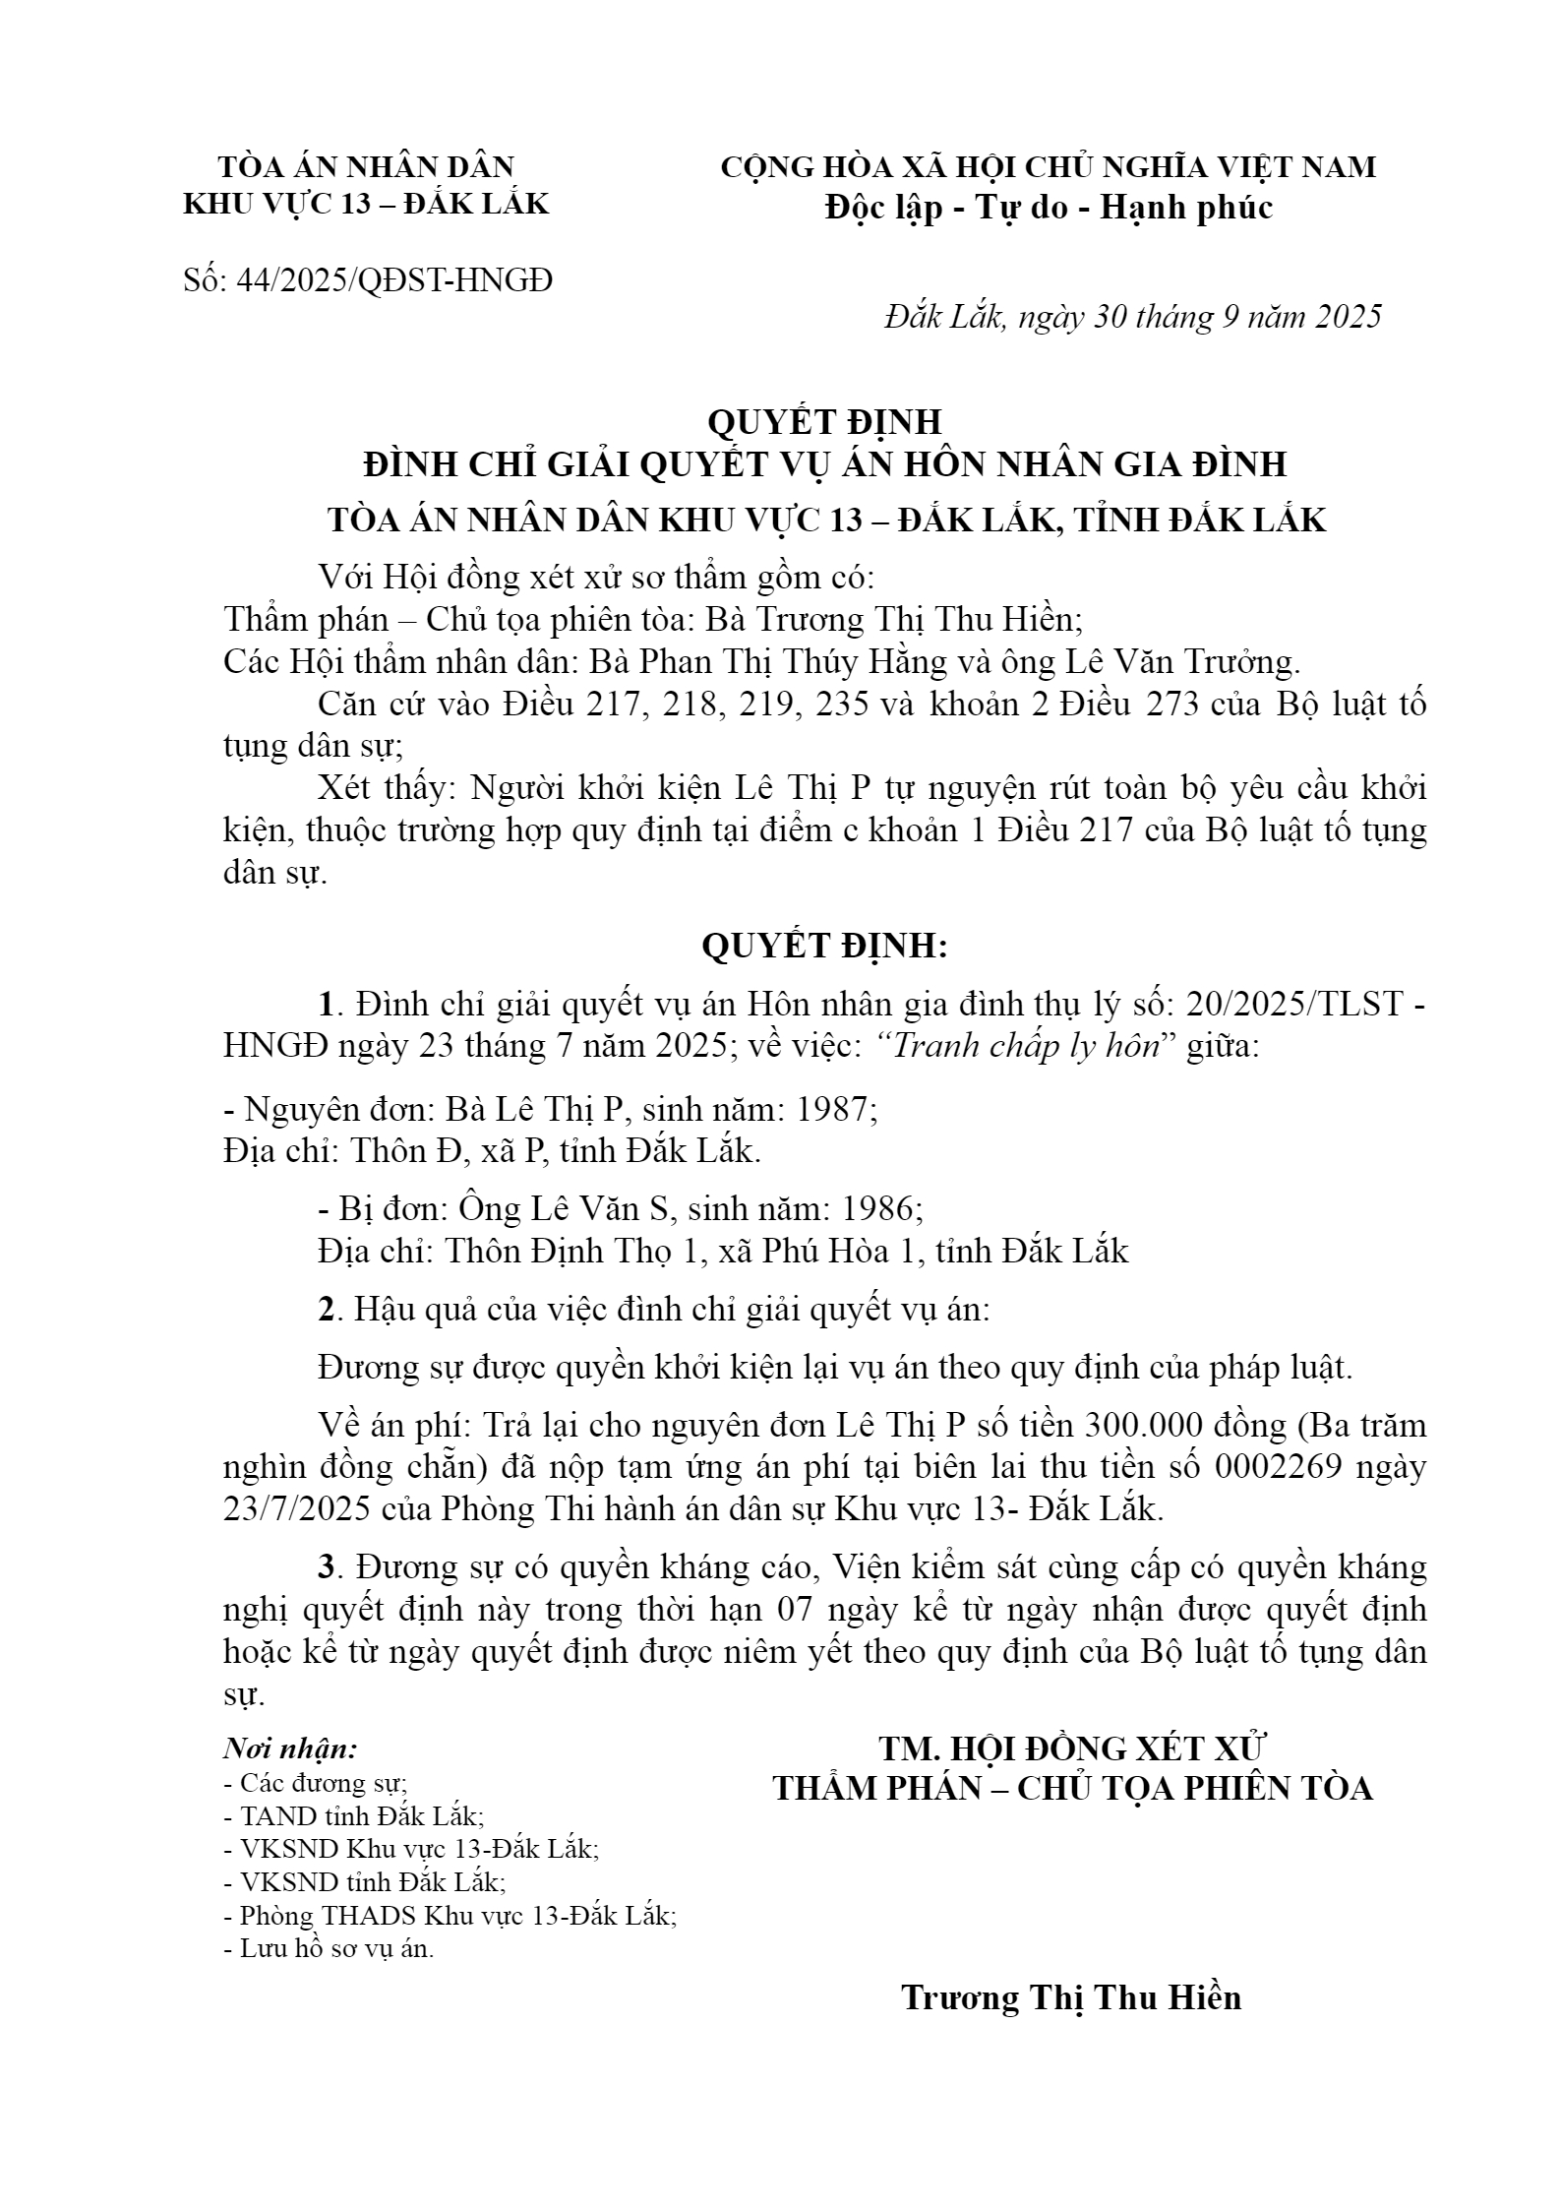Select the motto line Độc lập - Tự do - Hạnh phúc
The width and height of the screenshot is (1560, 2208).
(x=1049, y=208)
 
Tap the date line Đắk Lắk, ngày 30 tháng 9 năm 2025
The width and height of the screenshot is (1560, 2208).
(x=1132, y=317)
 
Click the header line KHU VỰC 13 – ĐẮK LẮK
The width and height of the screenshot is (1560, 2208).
(x=367, y=204)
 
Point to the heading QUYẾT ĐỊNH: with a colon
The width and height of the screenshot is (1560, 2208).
(x=824, y=946)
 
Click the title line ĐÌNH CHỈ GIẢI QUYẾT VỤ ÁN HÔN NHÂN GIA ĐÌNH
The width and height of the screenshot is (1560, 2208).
(x=824, y=463)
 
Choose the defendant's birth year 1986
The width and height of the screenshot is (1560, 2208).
(x=876, y=1208)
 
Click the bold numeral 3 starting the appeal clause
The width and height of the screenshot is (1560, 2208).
(x=326, y=1567)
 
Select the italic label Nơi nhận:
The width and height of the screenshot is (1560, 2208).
(x=291, y=1748)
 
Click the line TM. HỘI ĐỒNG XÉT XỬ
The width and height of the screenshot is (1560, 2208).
(x=1072, y=1748)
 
